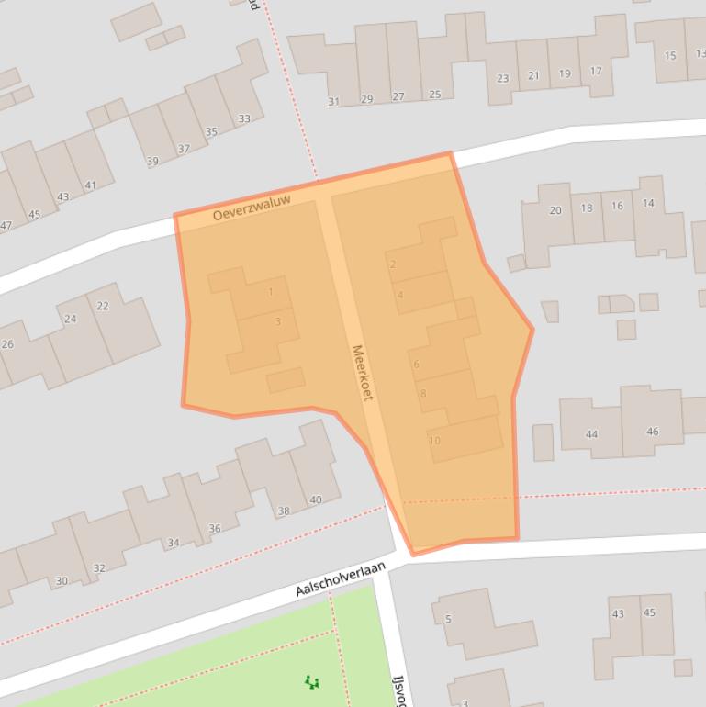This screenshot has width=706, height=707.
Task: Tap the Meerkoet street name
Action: pos(363,372)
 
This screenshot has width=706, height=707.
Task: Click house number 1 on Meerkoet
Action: pos(271,293)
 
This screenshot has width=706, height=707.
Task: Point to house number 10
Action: pos(434,441)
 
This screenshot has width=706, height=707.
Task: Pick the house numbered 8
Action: pos(422,394)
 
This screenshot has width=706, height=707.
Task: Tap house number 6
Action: pos(416,365)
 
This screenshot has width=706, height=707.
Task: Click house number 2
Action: pos(393,264)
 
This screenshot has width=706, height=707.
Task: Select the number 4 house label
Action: pos(399,295)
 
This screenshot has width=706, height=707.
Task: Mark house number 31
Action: pos(333,102)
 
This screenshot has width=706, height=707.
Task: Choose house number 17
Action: pos(596,72)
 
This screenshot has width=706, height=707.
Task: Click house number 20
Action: pos(555,210)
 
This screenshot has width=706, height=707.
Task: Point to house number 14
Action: pos(648,203)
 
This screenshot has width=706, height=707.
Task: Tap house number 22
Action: pos(103,306)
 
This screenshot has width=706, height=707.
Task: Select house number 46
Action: pos(652,431)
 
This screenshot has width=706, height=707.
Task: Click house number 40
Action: pos(316,500)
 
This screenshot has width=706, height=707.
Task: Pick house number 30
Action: pos(62,580)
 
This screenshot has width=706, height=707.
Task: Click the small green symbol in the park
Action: pos(312,682)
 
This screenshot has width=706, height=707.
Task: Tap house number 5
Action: pos(448,619)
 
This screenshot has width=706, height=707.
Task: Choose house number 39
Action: pos(152,162)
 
